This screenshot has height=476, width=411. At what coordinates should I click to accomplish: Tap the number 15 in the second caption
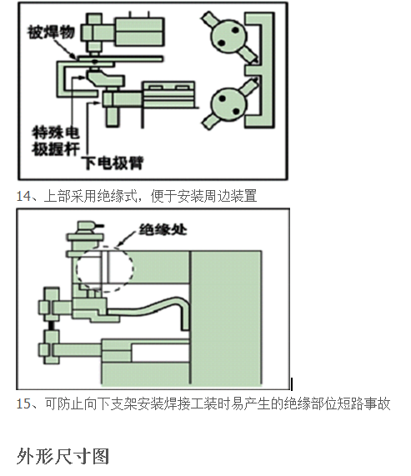[23, 403]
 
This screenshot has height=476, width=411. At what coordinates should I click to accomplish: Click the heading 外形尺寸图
[63, 456]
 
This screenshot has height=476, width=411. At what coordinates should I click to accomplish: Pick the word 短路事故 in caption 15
[363, 403]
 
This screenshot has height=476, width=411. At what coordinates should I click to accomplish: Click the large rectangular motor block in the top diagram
[138, 31]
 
